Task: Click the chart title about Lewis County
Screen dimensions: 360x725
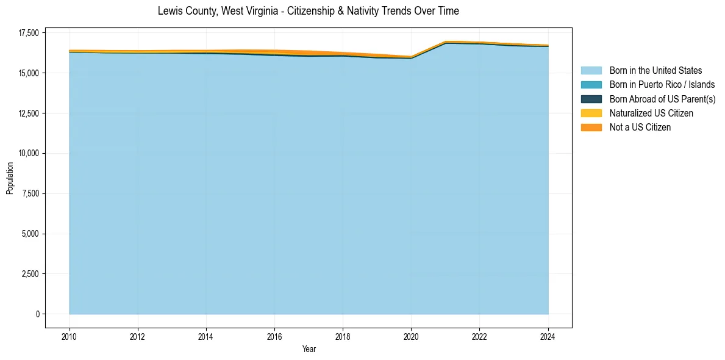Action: tap(308, 11)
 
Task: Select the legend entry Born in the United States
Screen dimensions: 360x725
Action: tap(655, 71)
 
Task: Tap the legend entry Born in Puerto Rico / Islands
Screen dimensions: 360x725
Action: tap(662, 85)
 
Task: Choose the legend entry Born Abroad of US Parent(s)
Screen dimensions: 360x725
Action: tap(662, 99)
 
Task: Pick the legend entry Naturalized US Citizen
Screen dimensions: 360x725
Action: tap(651, 113)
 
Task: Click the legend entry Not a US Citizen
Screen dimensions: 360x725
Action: tap(640, 128)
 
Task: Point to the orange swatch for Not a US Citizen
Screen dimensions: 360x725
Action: tap(591, 128)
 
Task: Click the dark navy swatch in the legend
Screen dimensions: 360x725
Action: tap(591, 99)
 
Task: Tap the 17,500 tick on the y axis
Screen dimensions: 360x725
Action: tap(29, 33)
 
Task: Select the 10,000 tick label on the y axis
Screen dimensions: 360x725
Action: tap(29, 153)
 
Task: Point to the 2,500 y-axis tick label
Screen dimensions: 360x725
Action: tap(30, 274)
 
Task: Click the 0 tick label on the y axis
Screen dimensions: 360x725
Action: tap(37, 314)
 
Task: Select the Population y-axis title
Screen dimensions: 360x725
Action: tap(10, 178)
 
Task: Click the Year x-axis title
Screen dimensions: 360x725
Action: tap(309, 349)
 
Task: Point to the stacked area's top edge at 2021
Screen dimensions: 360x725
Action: tap(446, 41)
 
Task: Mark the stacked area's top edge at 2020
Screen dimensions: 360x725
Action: tap(411, 57)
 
